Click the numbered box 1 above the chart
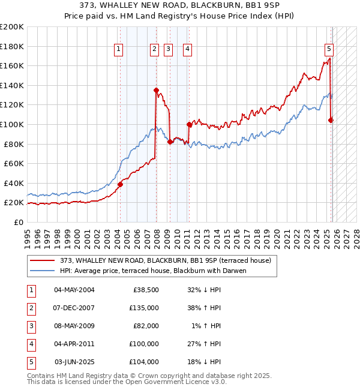click(118, 50)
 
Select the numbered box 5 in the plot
click(329, 50)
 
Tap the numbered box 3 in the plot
click(168, 50)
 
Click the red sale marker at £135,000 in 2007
click(156, 91)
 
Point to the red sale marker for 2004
click(120, 184)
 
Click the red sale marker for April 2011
click(189, 124)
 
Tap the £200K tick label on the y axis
click(12, 27)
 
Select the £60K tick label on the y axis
click(14, 163)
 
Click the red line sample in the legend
click(43, 260)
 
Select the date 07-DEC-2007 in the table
click(74, 308)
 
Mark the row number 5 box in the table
click(30, 362)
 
